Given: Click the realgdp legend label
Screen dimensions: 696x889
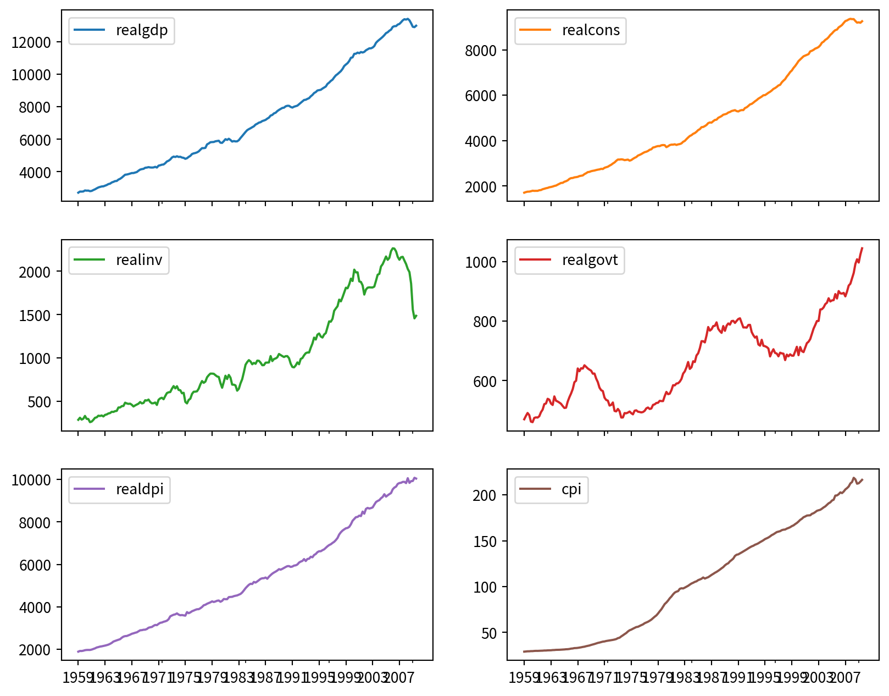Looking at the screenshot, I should (142, 30).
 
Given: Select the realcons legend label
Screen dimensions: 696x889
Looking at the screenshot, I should (591, 30).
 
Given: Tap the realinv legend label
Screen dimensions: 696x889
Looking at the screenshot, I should (139, 260).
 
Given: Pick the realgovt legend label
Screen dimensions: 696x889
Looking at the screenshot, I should (590, 260).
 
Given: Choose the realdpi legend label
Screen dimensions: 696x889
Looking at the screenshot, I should (140, 489).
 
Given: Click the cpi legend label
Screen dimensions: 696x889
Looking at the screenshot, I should (571, 489).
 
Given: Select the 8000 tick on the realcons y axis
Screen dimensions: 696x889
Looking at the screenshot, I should (481, 51).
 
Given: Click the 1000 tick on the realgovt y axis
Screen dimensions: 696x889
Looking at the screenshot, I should (481, 262).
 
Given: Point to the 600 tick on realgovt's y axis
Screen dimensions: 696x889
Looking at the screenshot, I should (485, 382).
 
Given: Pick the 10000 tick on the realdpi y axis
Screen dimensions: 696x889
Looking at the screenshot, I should (31, 480).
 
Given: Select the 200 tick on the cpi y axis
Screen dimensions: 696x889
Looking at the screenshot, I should (485, 495).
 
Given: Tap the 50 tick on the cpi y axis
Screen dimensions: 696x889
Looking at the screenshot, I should (488, 633).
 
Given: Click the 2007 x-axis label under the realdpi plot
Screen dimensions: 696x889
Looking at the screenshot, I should (399, 677).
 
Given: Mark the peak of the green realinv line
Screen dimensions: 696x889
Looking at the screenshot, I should (393, 248).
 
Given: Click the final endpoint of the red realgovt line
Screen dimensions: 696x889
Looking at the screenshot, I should (862, 248).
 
